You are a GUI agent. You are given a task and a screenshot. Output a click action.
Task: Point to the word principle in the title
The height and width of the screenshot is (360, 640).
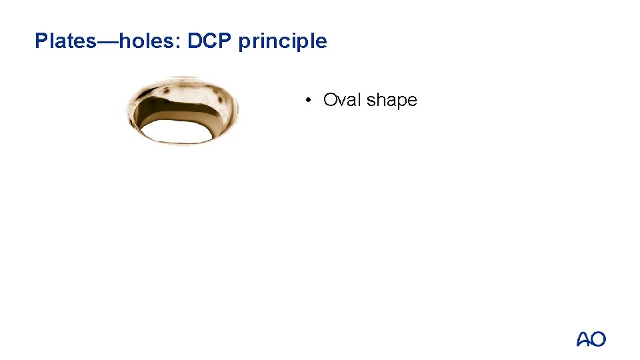coord(283,42)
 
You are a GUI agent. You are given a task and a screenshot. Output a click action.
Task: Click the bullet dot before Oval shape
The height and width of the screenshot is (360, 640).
coord(309,101)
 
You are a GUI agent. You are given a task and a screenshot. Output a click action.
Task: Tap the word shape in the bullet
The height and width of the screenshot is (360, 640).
coord(392,101)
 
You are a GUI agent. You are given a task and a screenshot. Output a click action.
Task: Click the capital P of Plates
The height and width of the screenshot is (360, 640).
coord(41,41)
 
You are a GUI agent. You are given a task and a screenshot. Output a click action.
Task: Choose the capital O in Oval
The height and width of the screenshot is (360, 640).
coord(330,100)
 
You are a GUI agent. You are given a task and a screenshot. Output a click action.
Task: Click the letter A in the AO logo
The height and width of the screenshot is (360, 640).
coord(583,340)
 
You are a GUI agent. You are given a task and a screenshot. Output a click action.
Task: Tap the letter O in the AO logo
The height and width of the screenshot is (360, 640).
coord(598,339)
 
